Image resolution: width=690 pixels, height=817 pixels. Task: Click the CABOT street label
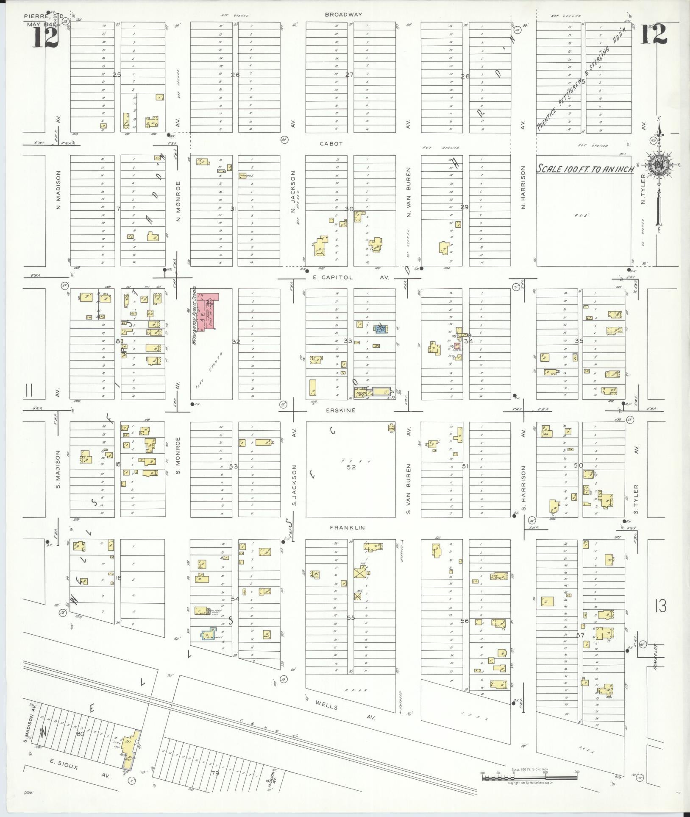pos(331,144)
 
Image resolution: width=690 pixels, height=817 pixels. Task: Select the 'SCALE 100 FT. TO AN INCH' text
pos(584,169)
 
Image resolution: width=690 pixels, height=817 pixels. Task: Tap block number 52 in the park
pos(351,467)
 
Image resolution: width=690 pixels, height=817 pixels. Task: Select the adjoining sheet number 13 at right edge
pos(660,606)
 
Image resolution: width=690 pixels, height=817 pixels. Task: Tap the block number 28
pos(465,76)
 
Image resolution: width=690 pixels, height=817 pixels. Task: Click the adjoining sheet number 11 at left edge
pos(29,390)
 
